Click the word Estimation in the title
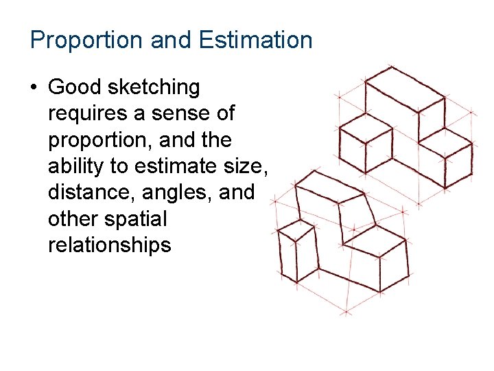tap(256, 40)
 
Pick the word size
tap(244, 166)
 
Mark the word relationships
tap(109, 245)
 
